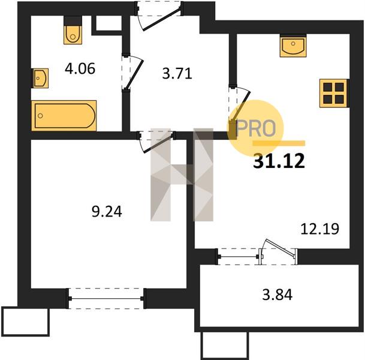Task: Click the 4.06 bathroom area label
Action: pyautogui.click(x=80, y=69)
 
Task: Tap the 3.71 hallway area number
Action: pyautogui.click(x=177, y=74)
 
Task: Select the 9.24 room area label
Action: pyautogui.click(x=107, y=212)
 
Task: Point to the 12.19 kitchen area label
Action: pyautogui.click(x=320, y=229)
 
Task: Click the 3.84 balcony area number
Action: pyautogui.click(x=277, y=295)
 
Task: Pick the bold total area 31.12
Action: pyautogui.click(x=279, y=161)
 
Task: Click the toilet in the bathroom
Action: pyautogui.click(x=73, y=30)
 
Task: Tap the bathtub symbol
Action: pyautogui.click(x=64, y=116)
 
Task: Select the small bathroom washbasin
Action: pyautogui.click(x=40, y=78)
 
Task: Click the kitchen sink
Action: pyautogui.click(x=293, y=46)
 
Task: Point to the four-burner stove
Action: pyautogui.click(x=333, y=93)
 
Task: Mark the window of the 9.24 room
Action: pyautogui.click(x=106, y=298)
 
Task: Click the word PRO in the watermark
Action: pyautogui.click(x=256, y=128)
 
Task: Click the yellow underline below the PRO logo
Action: pyautogui.click(x=279, y=143)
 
